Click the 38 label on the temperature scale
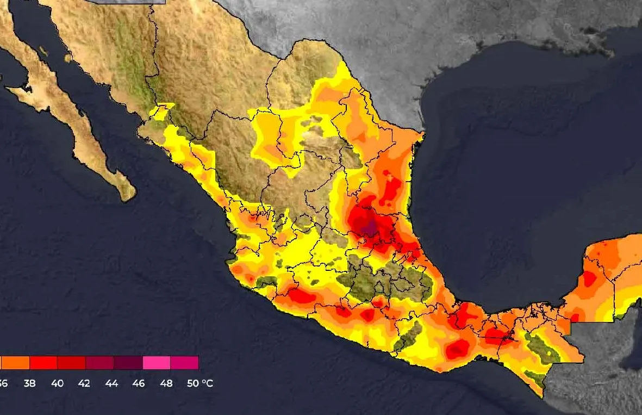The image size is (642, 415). pyautogui.click(x=29, y=383)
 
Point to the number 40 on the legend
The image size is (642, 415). pyautogui.click(x=57, y=383)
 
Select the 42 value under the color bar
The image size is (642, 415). pyautogui.click(x=84, y=383)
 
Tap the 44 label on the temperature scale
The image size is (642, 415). pyautogui.click(x=111, y=383)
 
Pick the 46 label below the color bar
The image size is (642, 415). pyautogui.click(x=139, y=383)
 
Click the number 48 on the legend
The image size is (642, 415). pyautogui.click(x=166, y=383)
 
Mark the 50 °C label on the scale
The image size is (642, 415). pyautogui.click(x=200, y=383)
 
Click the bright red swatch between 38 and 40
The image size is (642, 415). pyautogui.click(x=43, y=363)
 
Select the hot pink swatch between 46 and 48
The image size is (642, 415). pyautogui.click(x=157, y=363)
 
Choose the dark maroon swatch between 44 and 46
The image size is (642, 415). pyautogui.click(x=128, y=363)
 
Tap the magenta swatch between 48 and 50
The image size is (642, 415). pyautogui.click(x=184, y=363)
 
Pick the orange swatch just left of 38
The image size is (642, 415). pyautogui.click(x=15, y=363)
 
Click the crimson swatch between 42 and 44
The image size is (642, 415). pyautogui.click(x=100, y=363)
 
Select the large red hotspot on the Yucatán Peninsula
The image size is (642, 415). pyautogui.click(x=590, y=279)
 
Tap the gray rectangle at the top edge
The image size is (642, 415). pyautogui.click(x=126, y=2)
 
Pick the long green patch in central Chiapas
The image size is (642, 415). pyautogui.click(x=541, y=349)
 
